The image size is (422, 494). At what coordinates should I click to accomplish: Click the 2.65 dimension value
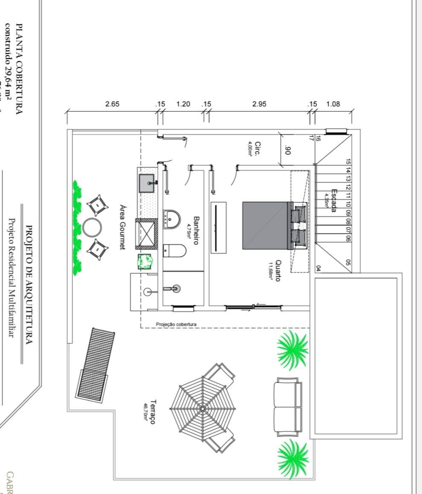pos(112,104)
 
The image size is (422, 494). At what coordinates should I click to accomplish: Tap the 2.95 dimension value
pos(259,104)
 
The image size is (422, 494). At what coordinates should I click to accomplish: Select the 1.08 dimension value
pos(333,104)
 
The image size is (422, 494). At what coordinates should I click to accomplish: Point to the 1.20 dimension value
pos(183,104)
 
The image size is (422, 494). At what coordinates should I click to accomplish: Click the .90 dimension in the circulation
pos(287,150)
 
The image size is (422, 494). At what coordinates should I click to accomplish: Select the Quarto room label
pos(278,270)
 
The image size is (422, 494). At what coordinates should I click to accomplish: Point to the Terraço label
pos(153,412)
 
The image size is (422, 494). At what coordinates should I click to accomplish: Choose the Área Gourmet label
pos(122,226)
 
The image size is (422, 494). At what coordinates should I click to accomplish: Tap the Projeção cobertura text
pos(176,324)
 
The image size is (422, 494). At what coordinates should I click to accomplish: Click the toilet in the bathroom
pos(175,250)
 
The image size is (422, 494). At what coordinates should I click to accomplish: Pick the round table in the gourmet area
pos(92,227)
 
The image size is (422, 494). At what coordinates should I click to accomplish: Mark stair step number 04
pos(318,268)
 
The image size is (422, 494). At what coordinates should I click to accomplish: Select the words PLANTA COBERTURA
pos(19,68)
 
